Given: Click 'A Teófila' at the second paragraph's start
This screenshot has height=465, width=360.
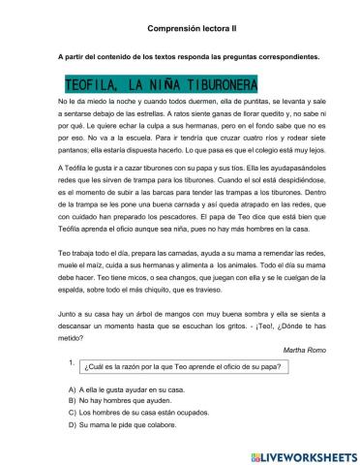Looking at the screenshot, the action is pyautogui.click(x=76, y=167).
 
